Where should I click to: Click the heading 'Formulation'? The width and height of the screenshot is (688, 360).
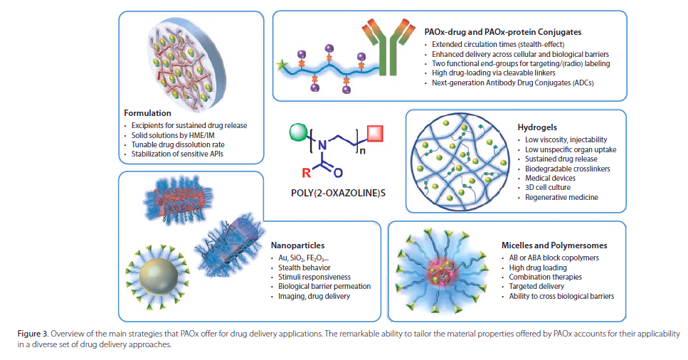pos(148,112)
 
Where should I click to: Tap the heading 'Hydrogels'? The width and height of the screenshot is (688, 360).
pos(535,126)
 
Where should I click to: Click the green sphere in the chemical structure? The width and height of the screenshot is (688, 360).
pos(299,132)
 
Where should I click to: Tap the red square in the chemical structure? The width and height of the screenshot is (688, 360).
pos(376,133)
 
